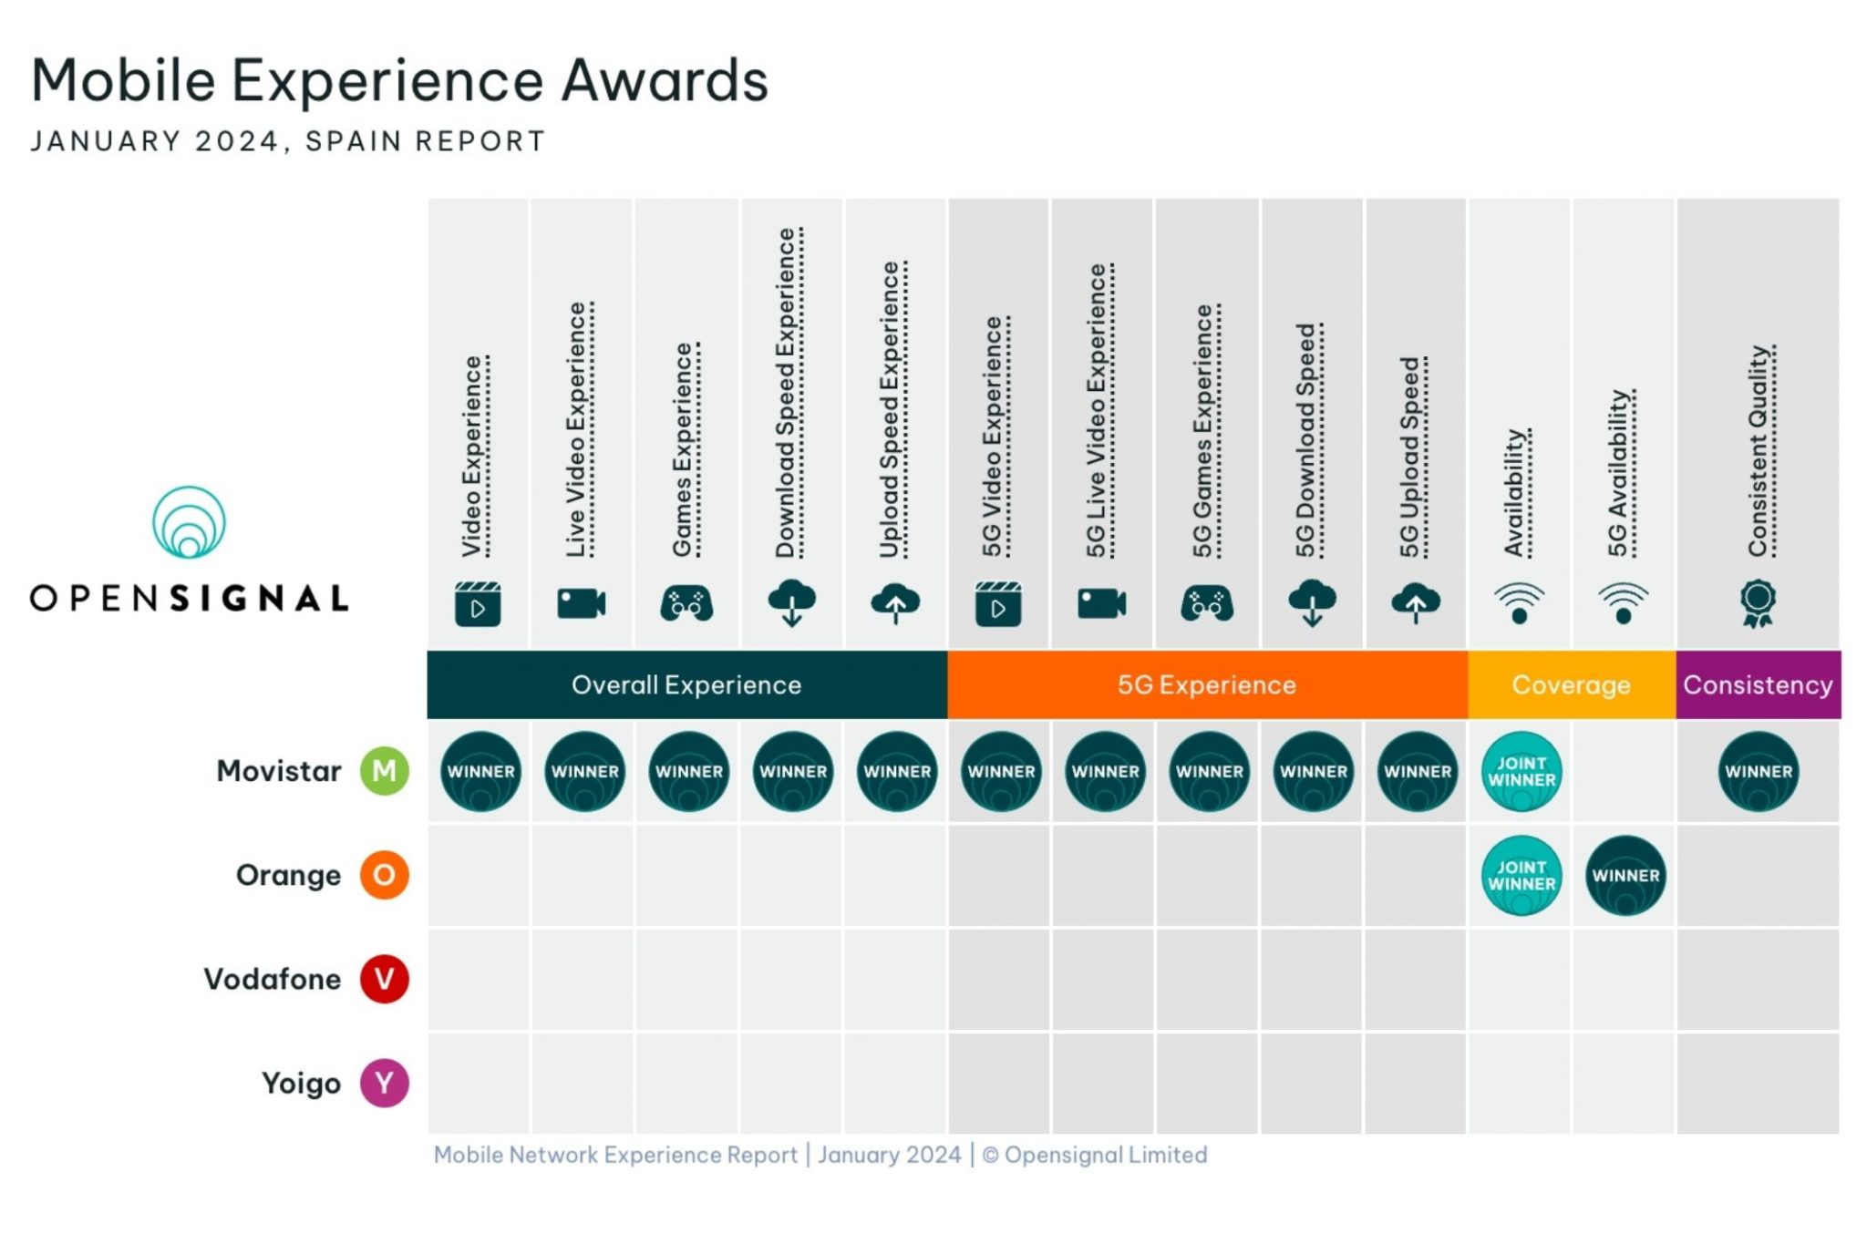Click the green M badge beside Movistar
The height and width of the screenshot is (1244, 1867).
[x=384, y=771]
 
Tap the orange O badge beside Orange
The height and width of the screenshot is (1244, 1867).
[x=384, y=875]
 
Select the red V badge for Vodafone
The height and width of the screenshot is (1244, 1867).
[x=384, y=979]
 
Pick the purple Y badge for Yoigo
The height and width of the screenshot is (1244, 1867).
[x=384, y=1083]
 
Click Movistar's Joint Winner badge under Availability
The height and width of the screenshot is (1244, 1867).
[x=1521, y=772]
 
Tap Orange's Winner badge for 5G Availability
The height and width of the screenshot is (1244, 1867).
[x=1625, y=876]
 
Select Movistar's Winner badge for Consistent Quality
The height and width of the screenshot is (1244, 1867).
[x=1758, y=772]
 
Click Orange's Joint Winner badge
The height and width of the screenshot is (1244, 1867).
[x=1521, y=876]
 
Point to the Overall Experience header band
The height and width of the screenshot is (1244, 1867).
[x=686, y=684]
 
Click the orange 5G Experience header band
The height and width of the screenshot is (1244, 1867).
[x=1207, y=684]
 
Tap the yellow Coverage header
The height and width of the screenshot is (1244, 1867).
[x=1571, y=684]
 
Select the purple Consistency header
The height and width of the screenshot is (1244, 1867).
[x=1758, y=684]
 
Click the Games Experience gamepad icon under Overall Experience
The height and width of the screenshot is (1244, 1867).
[x=686, y=604]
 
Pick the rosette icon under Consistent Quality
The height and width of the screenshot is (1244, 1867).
[x=1758, y=603]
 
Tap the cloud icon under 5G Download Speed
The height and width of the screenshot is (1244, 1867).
[x=1312, y=602]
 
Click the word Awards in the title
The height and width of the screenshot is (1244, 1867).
[x=664, y=80]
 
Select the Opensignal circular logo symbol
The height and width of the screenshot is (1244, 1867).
[x=189, y=522]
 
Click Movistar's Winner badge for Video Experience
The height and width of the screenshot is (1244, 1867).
[x=480, y=772]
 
